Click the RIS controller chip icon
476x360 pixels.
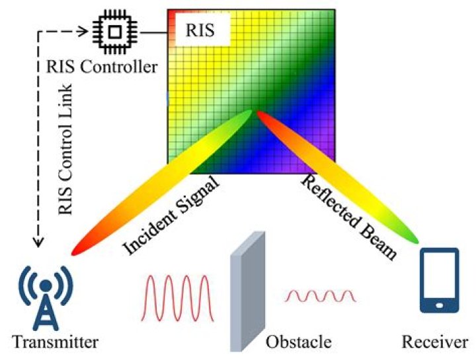coord(113,31)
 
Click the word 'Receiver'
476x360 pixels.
coord(436,343)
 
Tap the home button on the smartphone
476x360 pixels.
coord(440,305)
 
